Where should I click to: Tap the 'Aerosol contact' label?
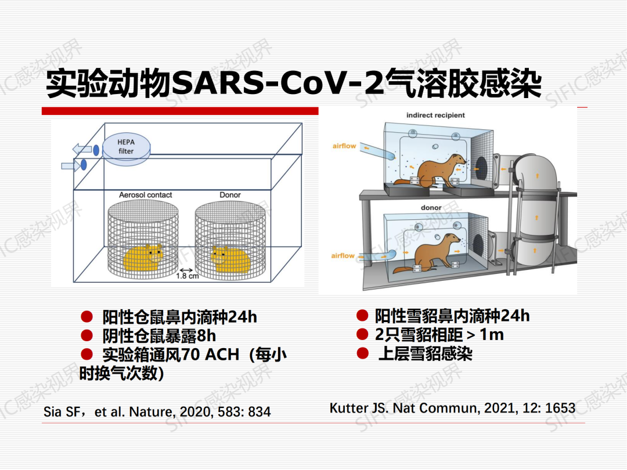[146, 195]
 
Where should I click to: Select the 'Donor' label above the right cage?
[230, 195]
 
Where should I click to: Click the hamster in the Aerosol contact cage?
[143, 258]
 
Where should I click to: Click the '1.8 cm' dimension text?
[188, 276]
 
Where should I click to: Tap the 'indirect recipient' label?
[435, 115]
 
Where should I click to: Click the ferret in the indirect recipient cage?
[430, 171]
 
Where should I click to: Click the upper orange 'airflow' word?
[344, 146]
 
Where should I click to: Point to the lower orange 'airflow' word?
[343, 256]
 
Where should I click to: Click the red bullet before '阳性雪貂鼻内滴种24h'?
[362, 316]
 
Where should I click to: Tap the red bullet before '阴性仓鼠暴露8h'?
[87, 335]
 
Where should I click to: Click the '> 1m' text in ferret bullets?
[485, 335]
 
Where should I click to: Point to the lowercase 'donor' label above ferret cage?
[431, 207]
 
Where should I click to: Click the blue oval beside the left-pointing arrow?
[96, 150]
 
